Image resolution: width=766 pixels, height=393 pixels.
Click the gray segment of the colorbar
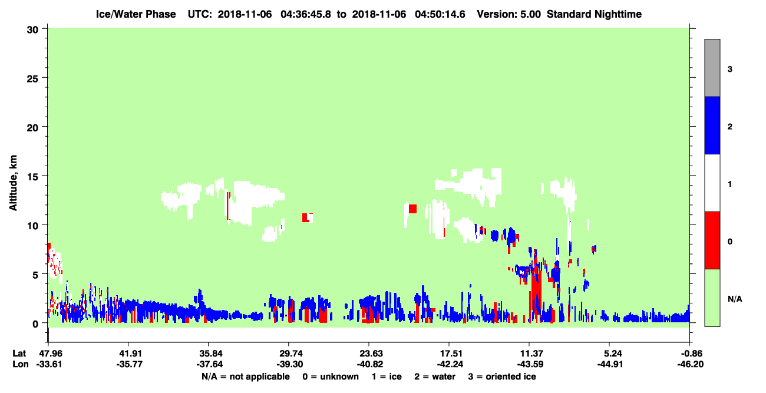pyautogui.click(x=712, y=68)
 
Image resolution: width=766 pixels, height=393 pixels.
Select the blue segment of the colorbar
pyautogui.click(x=712, y=125)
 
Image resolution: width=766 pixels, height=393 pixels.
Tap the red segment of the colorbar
pyautogui.click(x=712, y=240)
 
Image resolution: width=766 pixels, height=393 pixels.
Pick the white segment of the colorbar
pyautogui.click(x=712, y=183)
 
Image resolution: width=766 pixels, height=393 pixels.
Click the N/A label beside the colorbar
pyautogui.click(x=735, y=299)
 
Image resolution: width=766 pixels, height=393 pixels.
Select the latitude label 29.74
pyautogui.click(x=289, y=354)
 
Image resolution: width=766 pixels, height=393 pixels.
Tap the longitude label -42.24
pyautogui.click(x=450, y=364)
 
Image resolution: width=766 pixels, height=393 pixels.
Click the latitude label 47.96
pyautogui.click(x=49, y=354)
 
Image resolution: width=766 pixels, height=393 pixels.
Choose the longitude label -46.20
pyautogui.click(x=690, y=364)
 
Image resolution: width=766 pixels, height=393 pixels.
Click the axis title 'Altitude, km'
pyautogui.click(x=13, y=183)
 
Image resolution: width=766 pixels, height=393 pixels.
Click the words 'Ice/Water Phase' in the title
pyautogui.click(x=136, y=14)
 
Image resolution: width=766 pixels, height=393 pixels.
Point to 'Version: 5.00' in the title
pyautogui.click(x=509, y=14)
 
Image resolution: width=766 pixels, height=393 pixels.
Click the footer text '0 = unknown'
pyautogui.click(x=331, y=377)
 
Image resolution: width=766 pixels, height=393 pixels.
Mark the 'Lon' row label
pyautogui.click(x=21, y=364)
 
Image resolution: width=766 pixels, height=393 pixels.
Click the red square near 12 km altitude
pyautogui.click(x=412, y=209)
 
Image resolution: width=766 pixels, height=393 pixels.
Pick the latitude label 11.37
pyautogui.click(x=530, y=354)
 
